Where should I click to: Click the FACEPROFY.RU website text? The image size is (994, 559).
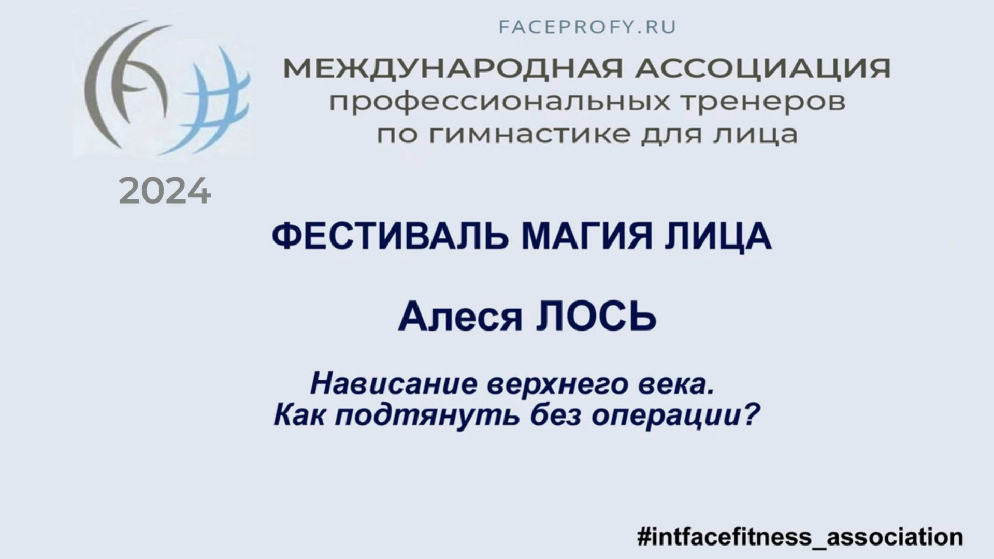pyautogui.click(x=587, y=27)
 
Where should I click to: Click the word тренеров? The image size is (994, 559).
pyautogui.click(x=762, y=102)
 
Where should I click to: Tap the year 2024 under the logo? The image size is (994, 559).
pyautogui.click(x=165, y=192)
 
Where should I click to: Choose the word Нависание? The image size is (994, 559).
pyautogui.click(x=394, y=384)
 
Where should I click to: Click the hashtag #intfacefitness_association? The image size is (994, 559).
pyautogui.click(x=800, y=536)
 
